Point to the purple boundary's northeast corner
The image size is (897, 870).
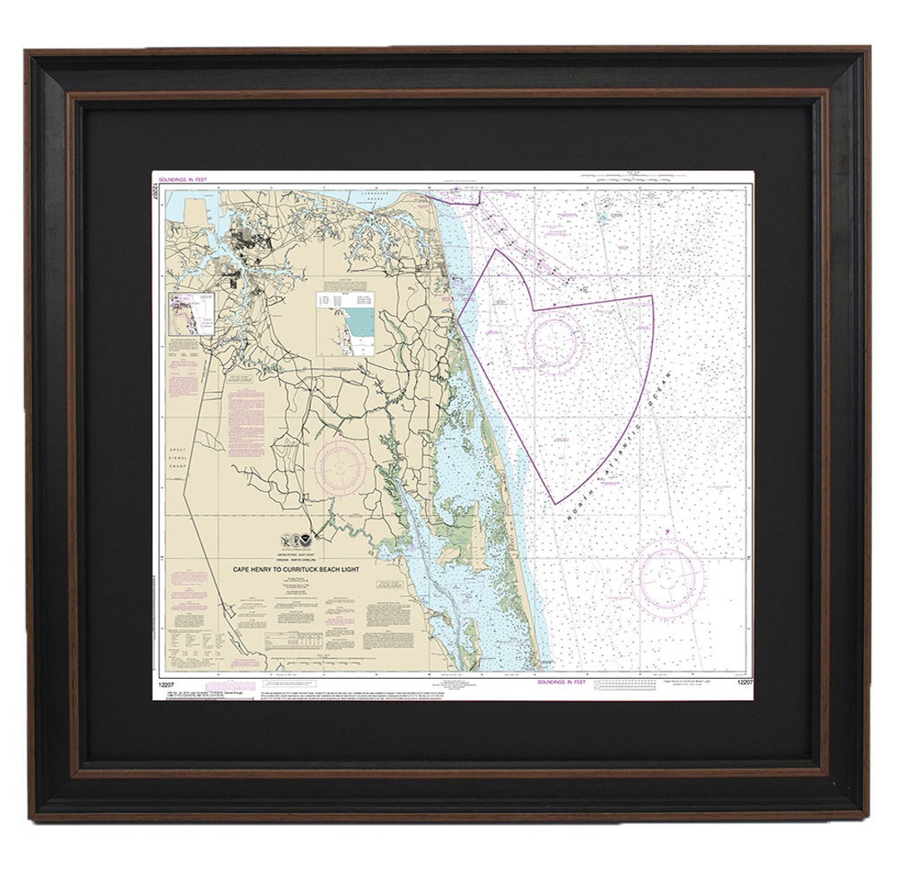pos(652,296)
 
